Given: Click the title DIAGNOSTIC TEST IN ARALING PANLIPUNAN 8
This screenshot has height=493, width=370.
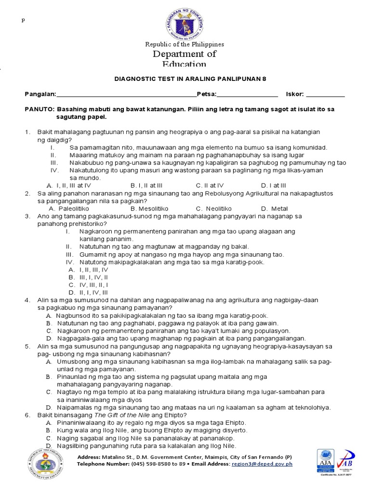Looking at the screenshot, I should click(x=185, y=79).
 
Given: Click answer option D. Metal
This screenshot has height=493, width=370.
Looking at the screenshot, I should click(x=274, y=208).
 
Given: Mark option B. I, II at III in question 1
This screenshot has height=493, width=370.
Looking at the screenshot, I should click(x=146, y=185).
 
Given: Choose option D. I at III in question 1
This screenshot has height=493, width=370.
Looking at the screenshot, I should click(x=273, y=185).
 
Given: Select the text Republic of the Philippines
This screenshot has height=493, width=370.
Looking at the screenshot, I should click(x=185, y=44).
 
